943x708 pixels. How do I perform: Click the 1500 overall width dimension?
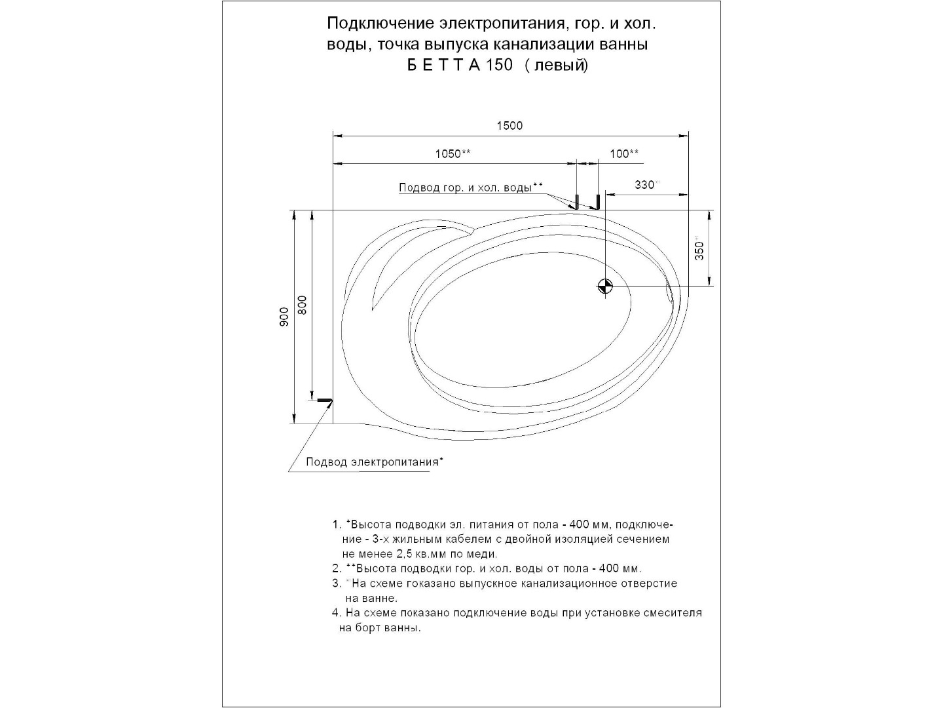(509, 126)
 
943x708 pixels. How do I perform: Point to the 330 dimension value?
(644, 185)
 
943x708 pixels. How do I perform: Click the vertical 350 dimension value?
(699, 250)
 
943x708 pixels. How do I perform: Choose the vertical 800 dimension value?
(302, 305)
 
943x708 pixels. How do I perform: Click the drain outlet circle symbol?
(604, 286)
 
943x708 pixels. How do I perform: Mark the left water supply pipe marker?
(576, 201)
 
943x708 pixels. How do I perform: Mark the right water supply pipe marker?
(597, 201)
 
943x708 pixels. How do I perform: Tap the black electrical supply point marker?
(325, 400)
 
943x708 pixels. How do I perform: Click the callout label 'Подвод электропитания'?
(372, 462)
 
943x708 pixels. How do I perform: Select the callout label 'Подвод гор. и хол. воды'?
(465, 188)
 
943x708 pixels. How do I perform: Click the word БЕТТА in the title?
(444, 66)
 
